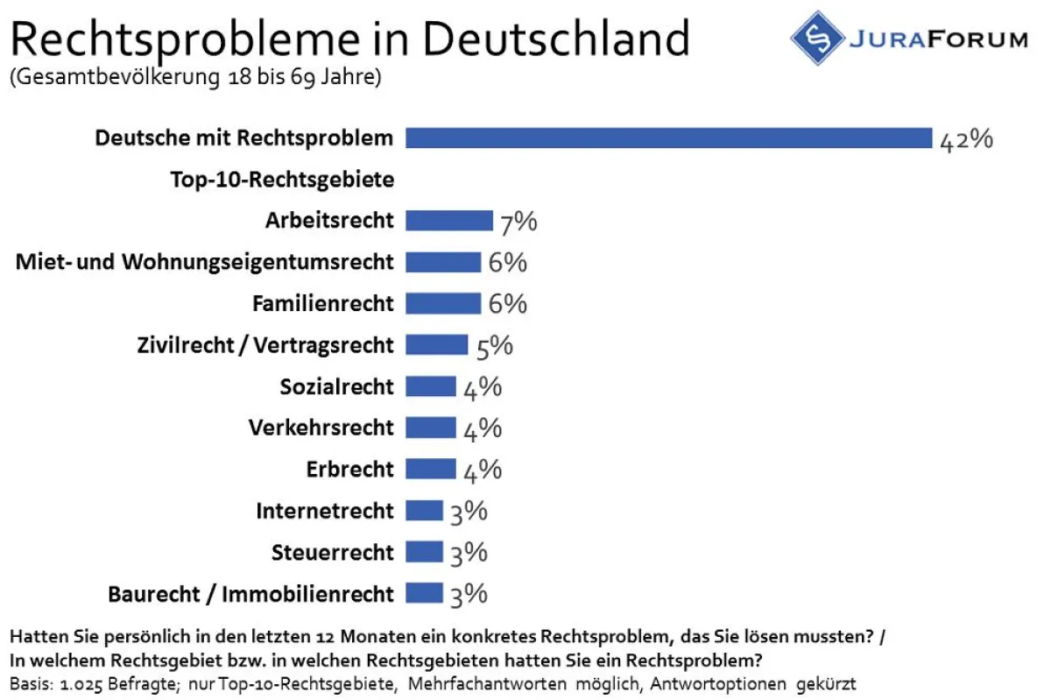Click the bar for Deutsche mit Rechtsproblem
668,138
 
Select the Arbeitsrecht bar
449,220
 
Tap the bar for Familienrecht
443,303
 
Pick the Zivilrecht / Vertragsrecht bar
437,344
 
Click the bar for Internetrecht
425,511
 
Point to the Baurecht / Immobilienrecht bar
425,593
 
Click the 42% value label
965,139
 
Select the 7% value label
518,222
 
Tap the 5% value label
494,346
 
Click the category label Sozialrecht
337,386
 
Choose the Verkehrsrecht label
321,428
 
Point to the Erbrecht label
350,470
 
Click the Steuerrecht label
333,553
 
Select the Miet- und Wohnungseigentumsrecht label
205,261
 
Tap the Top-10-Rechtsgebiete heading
282,180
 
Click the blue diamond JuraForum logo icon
817,38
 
